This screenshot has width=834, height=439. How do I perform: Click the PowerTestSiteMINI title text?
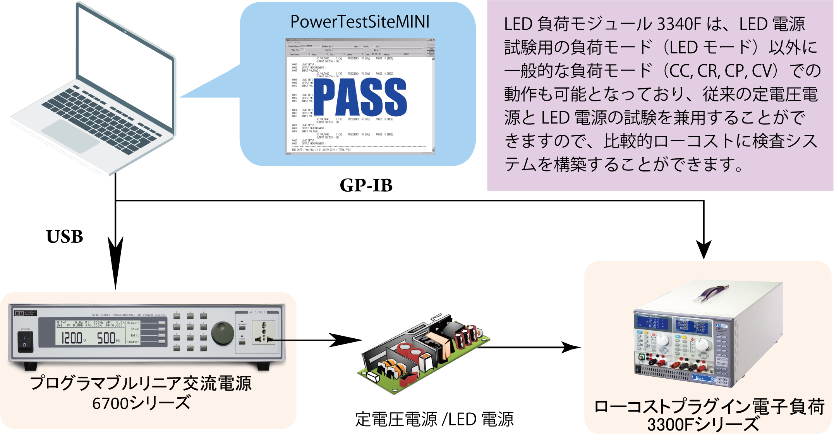(360, 22)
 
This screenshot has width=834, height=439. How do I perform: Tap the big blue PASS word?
(360, 97)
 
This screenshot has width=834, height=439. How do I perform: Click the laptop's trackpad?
(70, 135)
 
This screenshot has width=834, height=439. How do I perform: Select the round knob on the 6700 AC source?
(222, 333)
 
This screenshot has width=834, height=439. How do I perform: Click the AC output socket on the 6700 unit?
(264, 333)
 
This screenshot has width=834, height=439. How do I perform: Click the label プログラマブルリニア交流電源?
(141, 384)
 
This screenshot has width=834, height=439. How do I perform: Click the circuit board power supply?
(422, 354)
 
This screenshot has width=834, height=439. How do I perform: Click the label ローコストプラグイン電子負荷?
(709, 407)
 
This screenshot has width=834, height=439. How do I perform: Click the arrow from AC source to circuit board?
(306, 340)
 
